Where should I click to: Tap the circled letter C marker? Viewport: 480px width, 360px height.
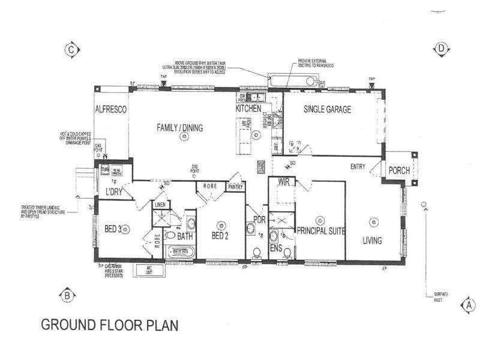pyautogui.click(x=73, y=50)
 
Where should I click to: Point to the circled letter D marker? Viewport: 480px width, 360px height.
pyautogui.click(x=441, y=49)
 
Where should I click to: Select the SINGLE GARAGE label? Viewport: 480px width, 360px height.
pyautogui.click(x=327, y=109)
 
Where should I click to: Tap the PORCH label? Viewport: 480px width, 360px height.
pyautogui.click(x=398, y=171)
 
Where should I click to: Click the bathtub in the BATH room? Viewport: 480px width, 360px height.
pyautogui.click(x=180, y=252)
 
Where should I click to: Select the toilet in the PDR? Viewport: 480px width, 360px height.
pyautogui.click(x=257, y=253)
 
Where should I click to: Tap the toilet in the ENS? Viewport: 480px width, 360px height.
pyautogui.click(x=287, y=253)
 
